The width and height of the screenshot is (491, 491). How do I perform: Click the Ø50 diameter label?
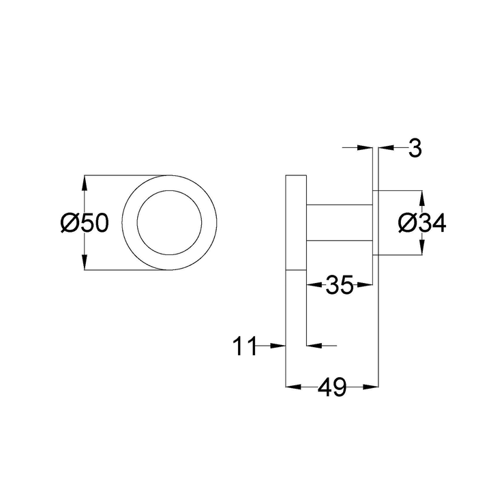point(84,223)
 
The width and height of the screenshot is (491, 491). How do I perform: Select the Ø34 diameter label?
point(421,223)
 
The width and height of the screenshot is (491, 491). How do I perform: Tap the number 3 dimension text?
point(415,148)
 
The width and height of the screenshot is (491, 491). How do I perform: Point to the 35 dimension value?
point(338,285)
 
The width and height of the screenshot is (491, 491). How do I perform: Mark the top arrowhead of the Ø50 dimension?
point(85,183)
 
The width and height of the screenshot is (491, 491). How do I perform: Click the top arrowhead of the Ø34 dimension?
point(421,196)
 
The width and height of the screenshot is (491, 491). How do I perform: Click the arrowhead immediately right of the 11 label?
point(277,346)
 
